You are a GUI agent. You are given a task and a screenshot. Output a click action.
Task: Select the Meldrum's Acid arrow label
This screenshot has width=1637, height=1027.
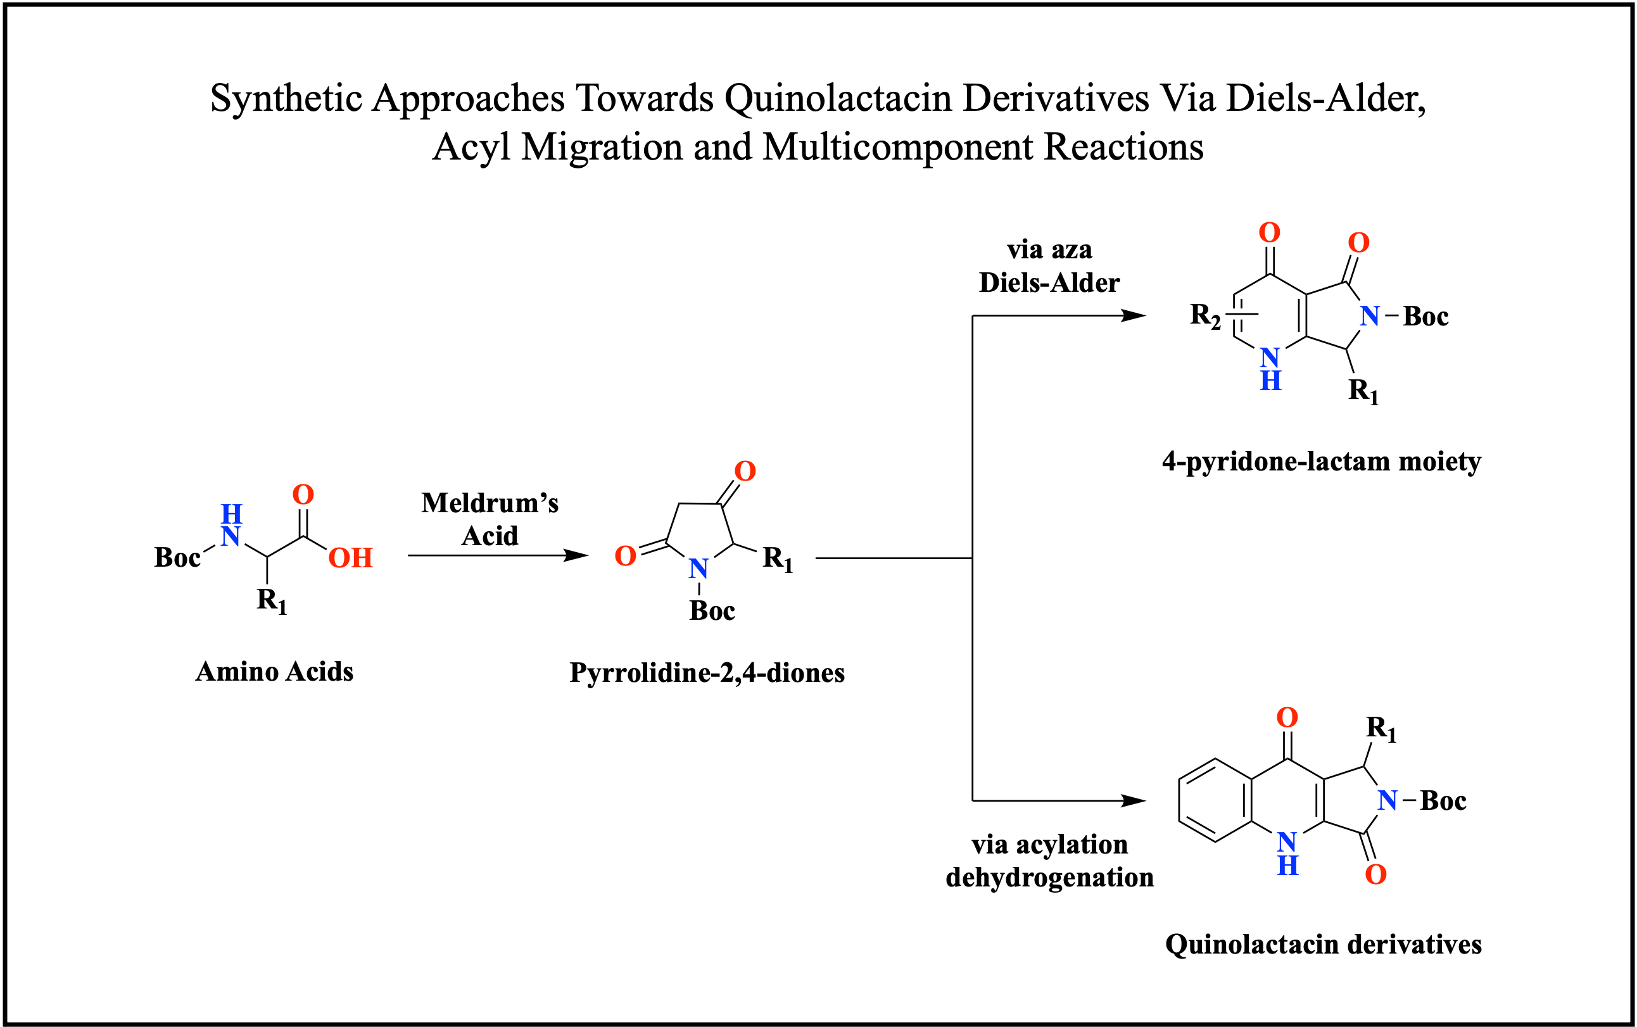coord(490,520)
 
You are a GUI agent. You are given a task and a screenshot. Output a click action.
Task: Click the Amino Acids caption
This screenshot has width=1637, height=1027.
coord(274,672)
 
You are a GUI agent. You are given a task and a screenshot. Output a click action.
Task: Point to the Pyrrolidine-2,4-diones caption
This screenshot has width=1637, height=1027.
coord(707,673)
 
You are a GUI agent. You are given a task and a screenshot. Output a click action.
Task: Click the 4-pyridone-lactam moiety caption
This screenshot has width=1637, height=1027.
coord(1321,462)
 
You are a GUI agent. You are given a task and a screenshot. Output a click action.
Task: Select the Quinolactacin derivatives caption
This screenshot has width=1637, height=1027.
coord(1323,945)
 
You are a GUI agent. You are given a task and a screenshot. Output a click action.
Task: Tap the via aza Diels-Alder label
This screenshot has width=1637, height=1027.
coord(1049,267)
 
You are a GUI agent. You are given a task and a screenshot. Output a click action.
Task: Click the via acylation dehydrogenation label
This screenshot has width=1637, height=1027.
coord(1049,860)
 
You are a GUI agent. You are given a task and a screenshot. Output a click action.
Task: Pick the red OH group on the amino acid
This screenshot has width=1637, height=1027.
coord(350,558)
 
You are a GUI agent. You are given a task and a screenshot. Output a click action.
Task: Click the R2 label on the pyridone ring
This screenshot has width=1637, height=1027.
coord(1205,315)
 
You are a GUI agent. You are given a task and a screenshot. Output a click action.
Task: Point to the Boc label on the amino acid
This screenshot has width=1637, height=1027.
coord(177,558)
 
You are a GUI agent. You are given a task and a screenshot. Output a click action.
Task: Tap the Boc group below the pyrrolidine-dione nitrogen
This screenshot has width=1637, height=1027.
coord(712,611)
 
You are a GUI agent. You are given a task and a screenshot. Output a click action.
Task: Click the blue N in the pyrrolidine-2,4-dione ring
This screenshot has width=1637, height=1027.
coord(698,569)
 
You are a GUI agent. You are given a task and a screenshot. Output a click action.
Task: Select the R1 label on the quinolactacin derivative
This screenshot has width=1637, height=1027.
coord(1381,729)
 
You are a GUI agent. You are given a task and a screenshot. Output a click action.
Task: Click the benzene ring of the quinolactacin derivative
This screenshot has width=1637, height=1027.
coord(1215,800)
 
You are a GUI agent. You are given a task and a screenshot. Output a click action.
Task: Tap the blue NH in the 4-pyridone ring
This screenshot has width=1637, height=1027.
coord(1270,369)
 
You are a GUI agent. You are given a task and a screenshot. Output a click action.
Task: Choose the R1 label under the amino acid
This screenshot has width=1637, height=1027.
coord(272,601)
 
